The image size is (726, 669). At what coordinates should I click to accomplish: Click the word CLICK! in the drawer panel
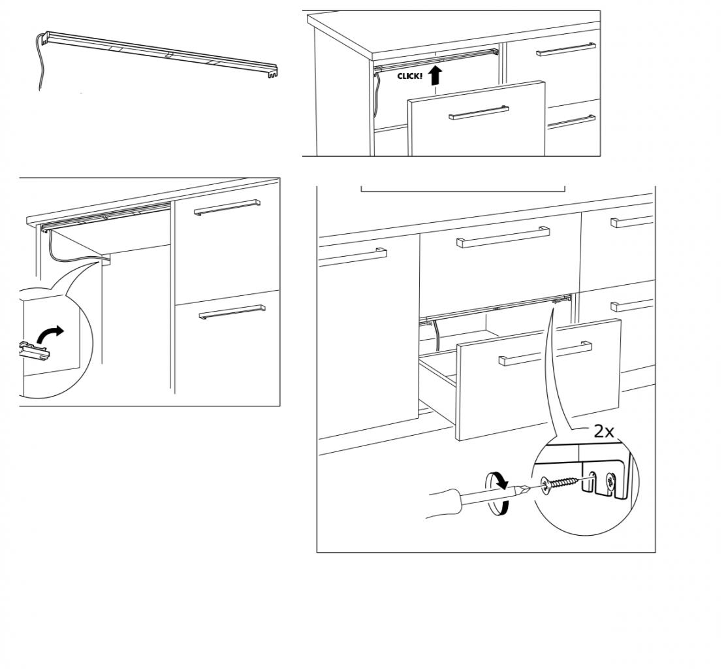point(410,76)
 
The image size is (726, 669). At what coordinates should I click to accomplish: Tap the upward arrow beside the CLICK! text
point(435,74)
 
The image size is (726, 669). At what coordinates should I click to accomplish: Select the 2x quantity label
point(603,431)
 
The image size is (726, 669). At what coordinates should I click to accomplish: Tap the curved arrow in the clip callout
point(52,334)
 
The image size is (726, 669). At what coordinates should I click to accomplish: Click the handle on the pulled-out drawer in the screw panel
point(545,353)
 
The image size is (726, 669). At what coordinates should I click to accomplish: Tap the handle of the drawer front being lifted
point(479,113)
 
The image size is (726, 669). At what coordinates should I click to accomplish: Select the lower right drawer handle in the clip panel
point(232,312)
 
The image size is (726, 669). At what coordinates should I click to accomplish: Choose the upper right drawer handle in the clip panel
point(227,206)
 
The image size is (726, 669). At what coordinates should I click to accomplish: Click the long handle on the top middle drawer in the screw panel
point(503,237)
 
